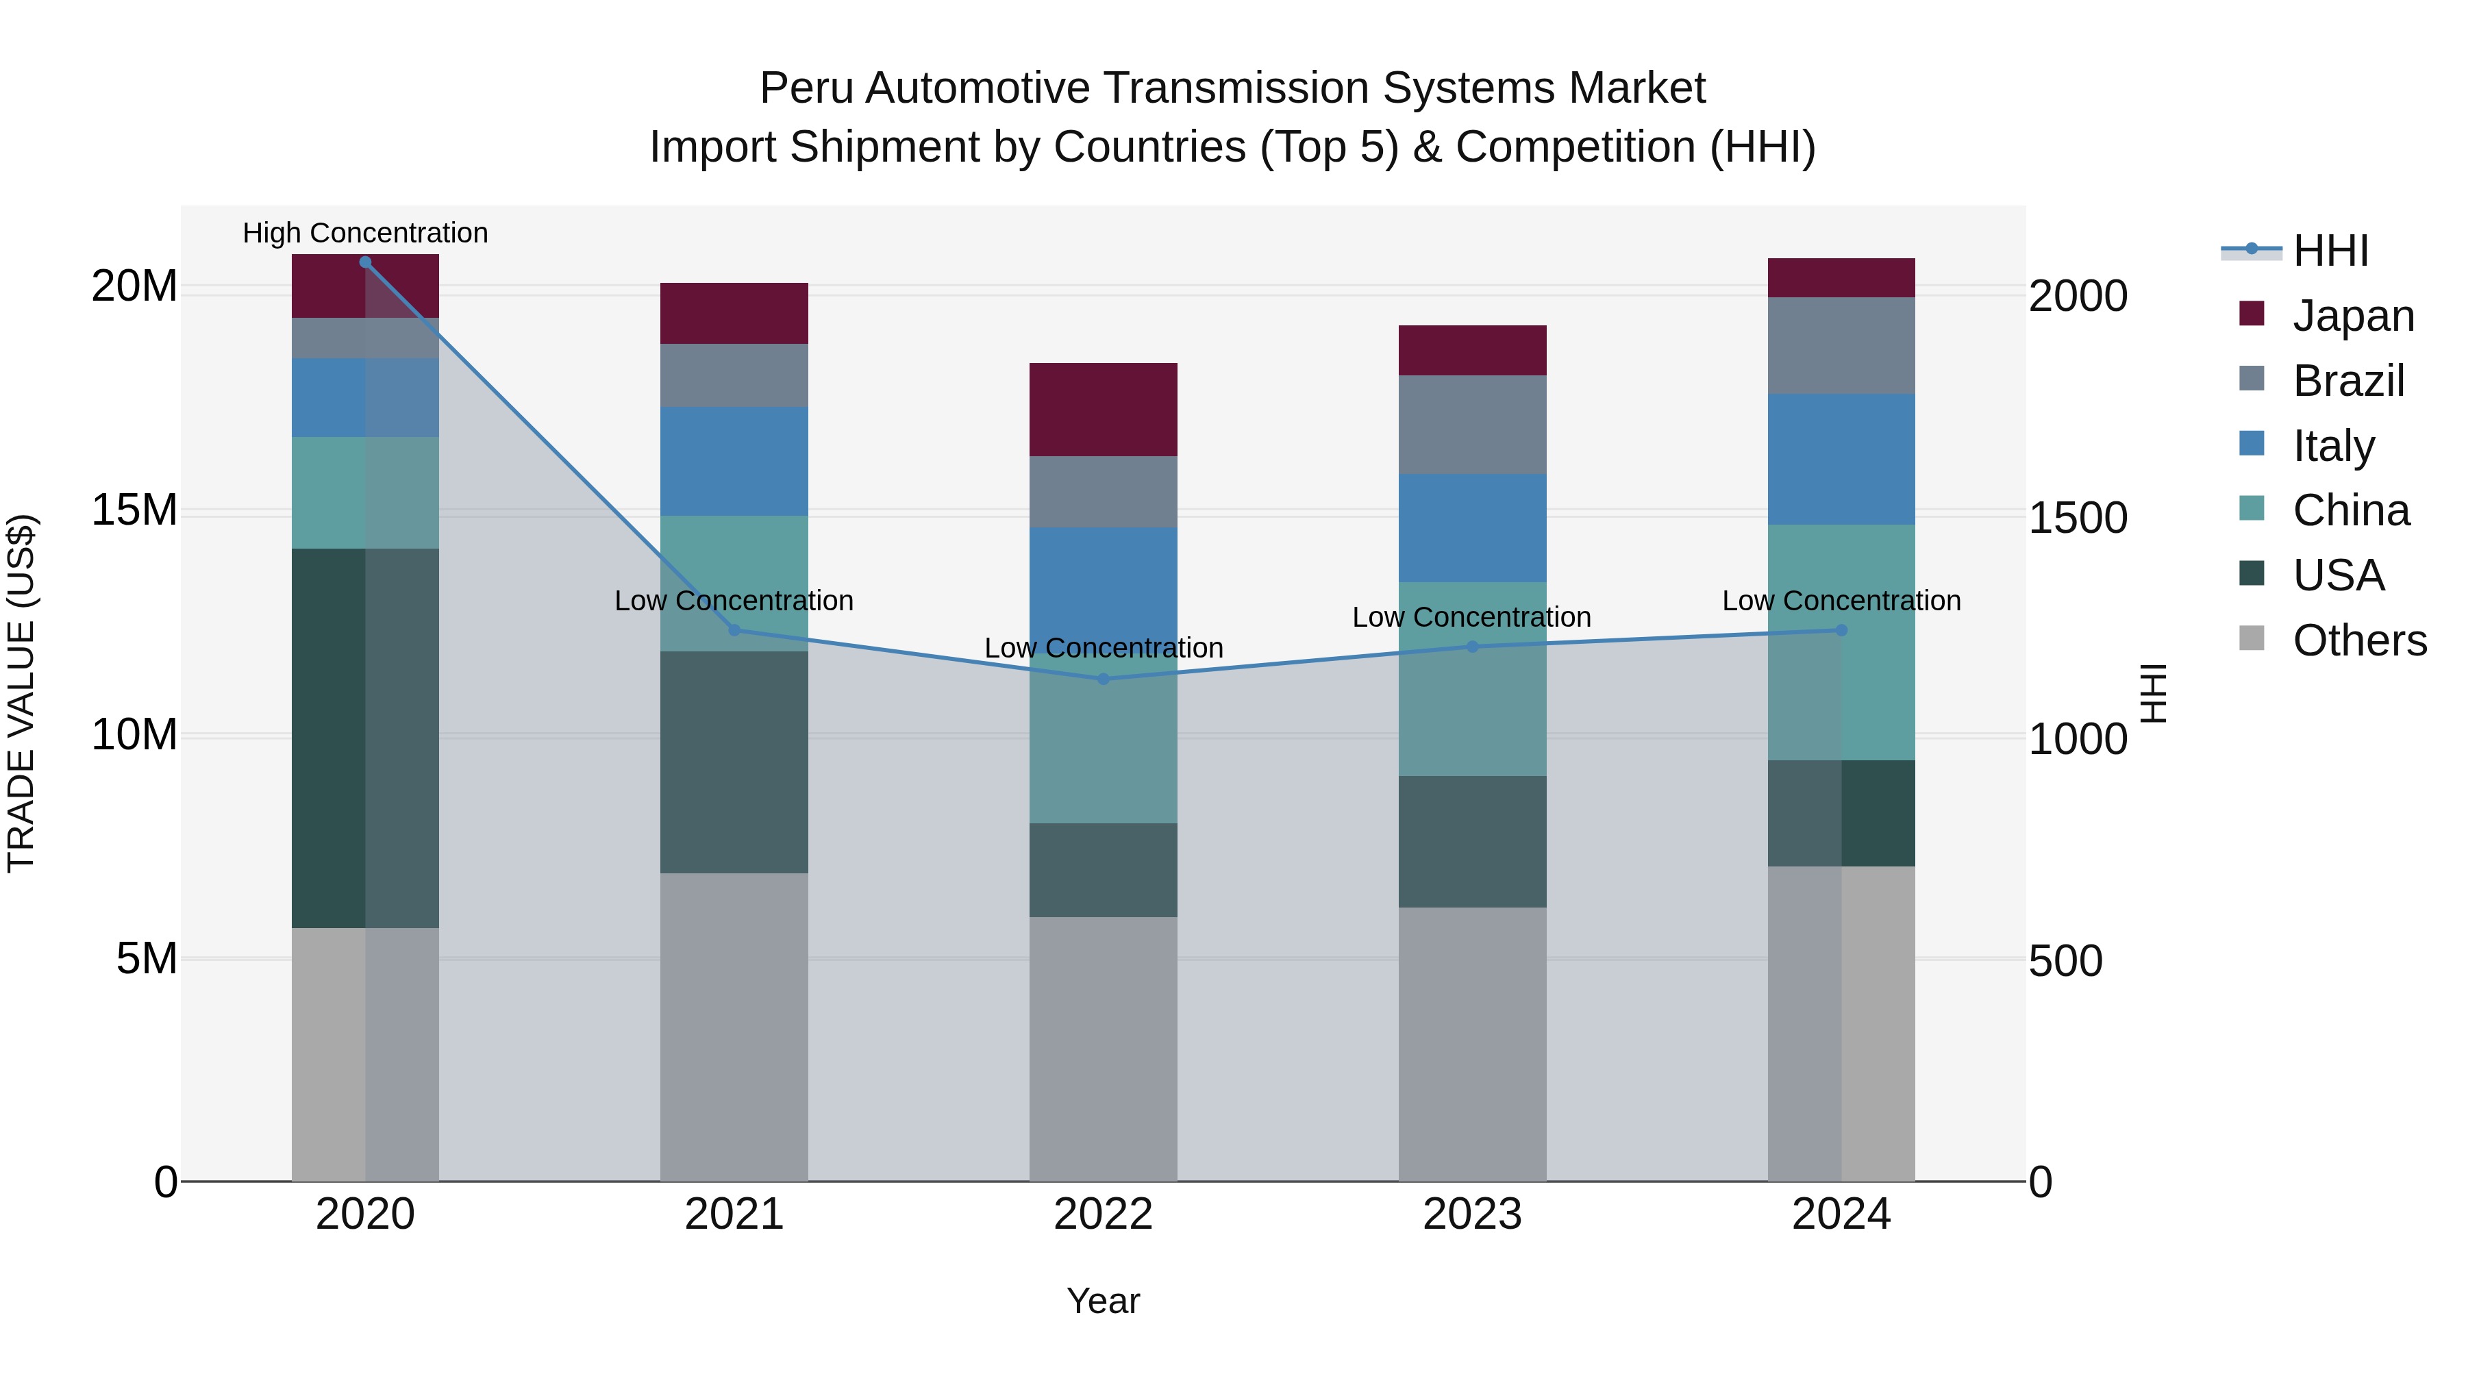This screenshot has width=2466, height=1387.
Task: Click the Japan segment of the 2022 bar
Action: click(1103, 409)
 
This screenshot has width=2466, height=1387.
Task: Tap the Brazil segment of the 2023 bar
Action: click(1471, 424)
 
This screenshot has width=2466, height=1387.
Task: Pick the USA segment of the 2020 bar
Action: click(364, 737)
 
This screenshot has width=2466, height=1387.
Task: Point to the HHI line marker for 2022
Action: click(1103, 679)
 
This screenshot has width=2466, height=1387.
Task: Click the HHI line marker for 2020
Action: click(364, 262)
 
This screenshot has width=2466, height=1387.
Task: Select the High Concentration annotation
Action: click(364, 233)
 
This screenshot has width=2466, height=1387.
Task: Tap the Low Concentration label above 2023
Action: click(1471, 617)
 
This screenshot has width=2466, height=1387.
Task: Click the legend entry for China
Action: click(2350, 510)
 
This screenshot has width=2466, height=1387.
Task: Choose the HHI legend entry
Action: click(2329, 251)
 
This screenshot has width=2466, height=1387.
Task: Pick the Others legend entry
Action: click(2358, 640)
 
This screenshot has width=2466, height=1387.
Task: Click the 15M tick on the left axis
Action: click(134, 510)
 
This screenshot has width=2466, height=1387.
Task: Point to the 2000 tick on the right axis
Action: click(2078, 296)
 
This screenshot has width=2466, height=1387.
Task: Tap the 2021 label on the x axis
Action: click(734, 1214)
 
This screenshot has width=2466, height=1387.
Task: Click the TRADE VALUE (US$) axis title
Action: click(21, 693)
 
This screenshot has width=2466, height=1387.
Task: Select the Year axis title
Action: click(1103, 1301)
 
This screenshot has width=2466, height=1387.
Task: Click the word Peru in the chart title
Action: click(805, 88)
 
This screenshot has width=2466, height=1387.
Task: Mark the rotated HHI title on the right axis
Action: click(2152, 693)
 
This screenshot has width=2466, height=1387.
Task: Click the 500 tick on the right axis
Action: click(2065, 961)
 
